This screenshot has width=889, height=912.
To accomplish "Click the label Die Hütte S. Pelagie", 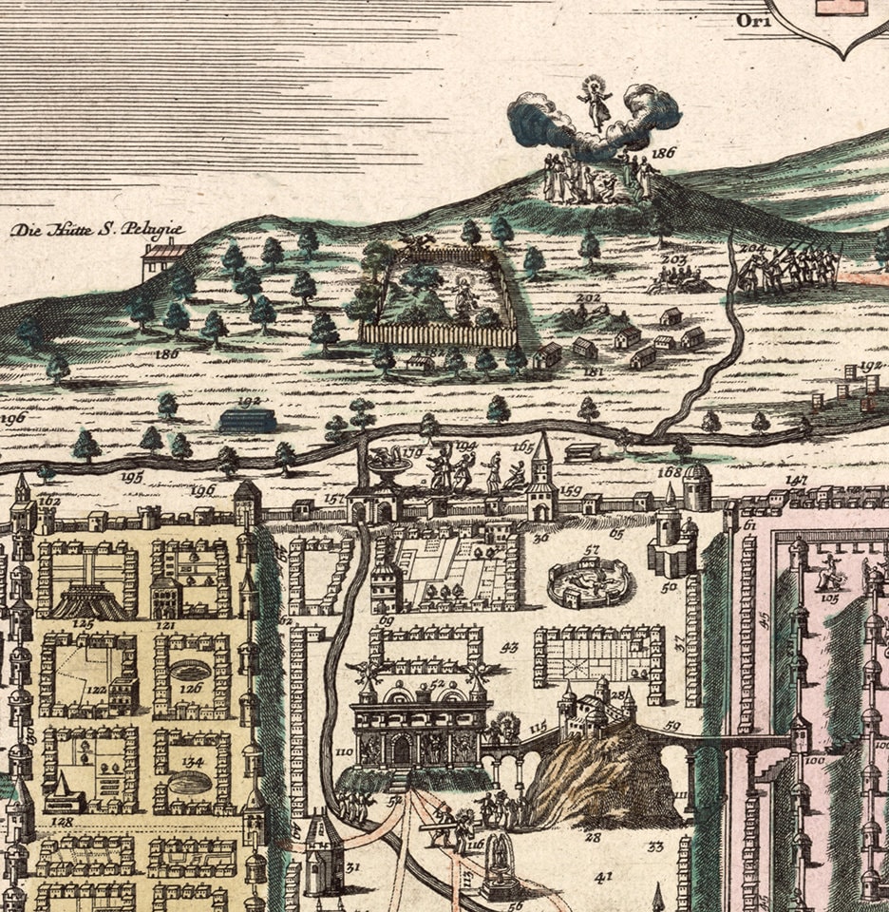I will coord(96,230).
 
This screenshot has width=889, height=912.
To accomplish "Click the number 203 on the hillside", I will coord(673,258).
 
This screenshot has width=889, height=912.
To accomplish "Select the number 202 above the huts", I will coord(590,298).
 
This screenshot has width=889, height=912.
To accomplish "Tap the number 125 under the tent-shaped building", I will coord(83,624).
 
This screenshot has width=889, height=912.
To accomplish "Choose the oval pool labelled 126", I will coord(192,672).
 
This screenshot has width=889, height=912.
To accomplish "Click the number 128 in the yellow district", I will coord(63,821).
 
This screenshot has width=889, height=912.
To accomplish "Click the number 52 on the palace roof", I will coord(438,683).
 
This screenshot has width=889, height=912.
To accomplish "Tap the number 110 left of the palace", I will coord(343,751).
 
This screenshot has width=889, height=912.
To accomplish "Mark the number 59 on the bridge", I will coord(673,727).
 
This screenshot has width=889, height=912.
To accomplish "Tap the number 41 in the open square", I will coord(603,877).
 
